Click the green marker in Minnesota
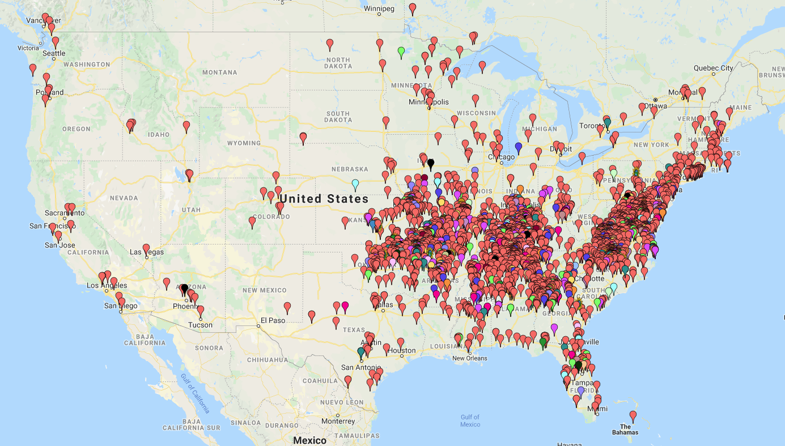[401, 52]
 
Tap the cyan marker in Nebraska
[355, 184]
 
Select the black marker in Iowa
[431, 163]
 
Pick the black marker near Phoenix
[184, 289]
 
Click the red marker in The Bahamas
[633, 415]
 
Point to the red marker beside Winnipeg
[413, 8]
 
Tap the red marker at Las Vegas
[146, 248]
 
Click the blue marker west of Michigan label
[518, 147]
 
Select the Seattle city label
[54, 53]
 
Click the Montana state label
[219, 72]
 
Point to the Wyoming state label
[244, 143]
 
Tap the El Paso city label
[273, 320]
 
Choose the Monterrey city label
[338, 421]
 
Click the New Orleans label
[469, 358]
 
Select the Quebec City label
[713, 68]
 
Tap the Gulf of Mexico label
[470, 421]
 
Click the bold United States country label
[324, 199]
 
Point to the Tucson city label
[201, 325]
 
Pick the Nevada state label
[124, 198]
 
